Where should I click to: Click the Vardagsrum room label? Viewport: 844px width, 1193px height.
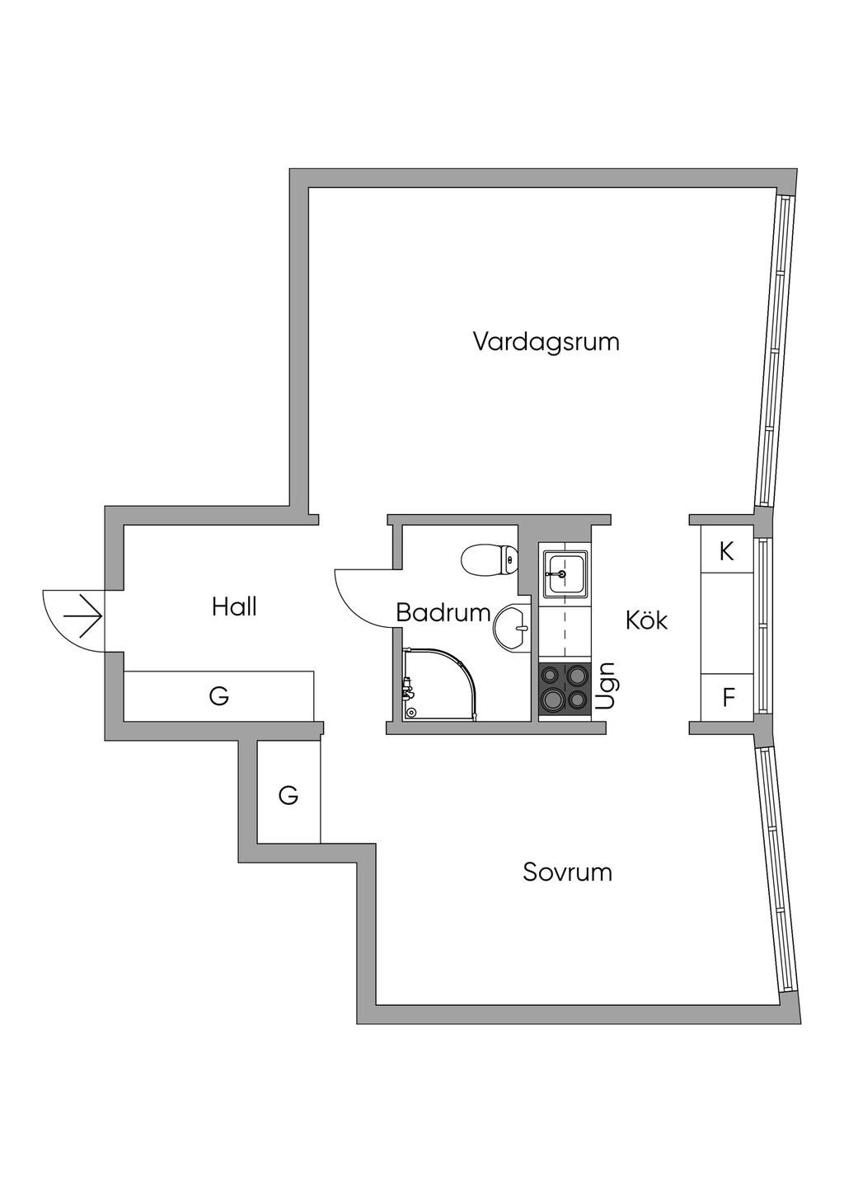click(x=546, y=341)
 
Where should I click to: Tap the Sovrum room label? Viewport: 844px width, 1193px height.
click(x=567, y=872)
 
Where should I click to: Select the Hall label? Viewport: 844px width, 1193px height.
click(x=234, y=607)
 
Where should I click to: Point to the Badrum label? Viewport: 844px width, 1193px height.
click(x=443, y=613)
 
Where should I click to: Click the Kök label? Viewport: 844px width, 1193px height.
click(x=646, y=620)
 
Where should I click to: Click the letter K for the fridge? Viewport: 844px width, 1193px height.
click(x=726, y=551)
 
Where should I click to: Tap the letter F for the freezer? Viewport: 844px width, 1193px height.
click(x=728, y=698)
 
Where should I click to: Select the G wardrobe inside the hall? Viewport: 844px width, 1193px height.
click(x=218, y=696)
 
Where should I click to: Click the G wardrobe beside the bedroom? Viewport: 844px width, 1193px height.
click(x=288, y=795)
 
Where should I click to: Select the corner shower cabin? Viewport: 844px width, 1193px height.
click(x=439, y=684)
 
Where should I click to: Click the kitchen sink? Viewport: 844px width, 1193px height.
click(x=564, y=572)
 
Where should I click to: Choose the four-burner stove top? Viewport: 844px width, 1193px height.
click(x=564, y=689)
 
